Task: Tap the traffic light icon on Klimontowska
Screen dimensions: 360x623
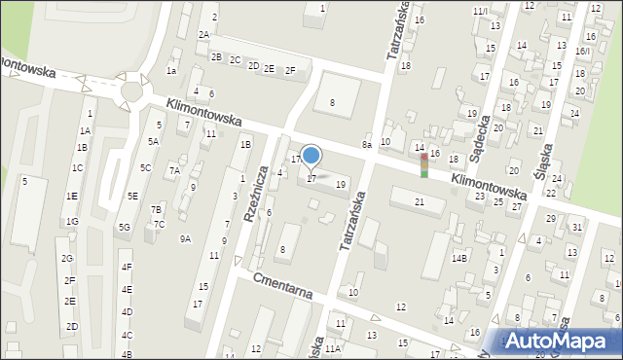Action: coord(424,165)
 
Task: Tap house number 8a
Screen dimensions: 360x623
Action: coord(367,145)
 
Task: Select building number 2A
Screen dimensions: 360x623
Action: coord(203,34)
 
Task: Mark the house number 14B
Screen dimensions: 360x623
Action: coord(459,258)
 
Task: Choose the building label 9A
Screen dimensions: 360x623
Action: coord(185,238)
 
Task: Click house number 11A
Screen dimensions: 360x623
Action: coord(333,348)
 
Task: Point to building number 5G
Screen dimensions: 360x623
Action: coord(124,227)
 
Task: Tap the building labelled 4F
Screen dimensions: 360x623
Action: coord(127,267)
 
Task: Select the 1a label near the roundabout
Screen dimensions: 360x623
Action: coord(171,70)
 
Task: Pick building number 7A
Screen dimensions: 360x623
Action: coord(174,170)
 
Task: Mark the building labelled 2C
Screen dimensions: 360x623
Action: coord(235,59)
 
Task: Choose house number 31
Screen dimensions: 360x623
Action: coord(576,227)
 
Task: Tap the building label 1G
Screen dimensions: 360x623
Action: coord(72,222)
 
